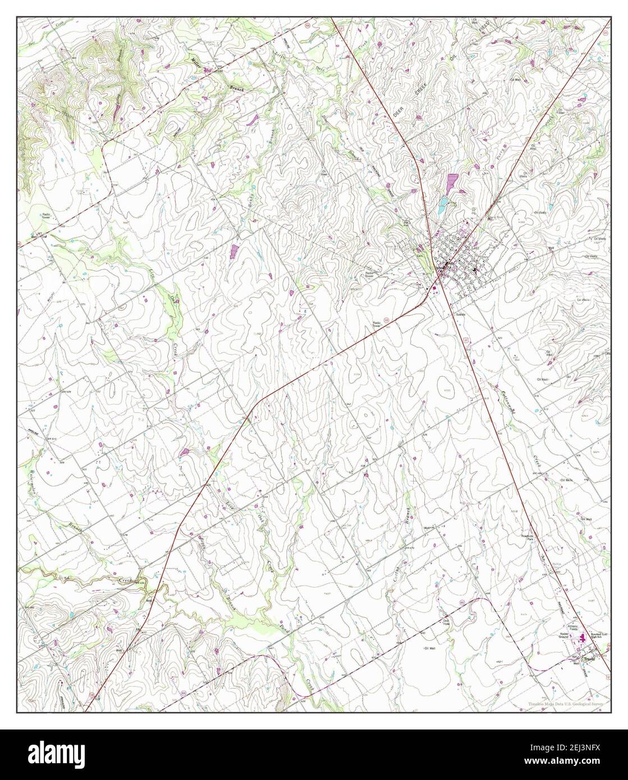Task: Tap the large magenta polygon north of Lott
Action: (x=451, y=182)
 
